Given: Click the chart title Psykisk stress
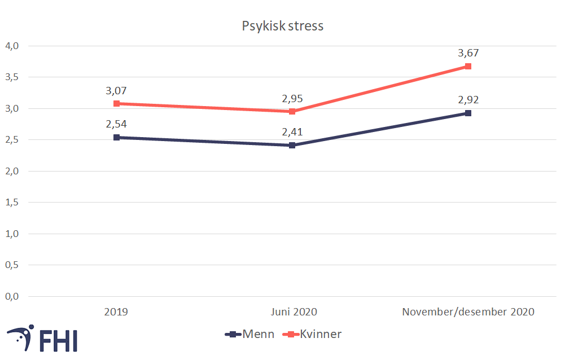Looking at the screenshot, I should click(282, 27).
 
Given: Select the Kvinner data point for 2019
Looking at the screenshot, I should click(116, 104).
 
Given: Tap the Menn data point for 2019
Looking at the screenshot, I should click(116, 137).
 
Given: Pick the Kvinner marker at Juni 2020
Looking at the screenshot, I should click(292, 111).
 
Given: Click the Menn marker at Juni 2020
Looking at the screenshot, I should click(292, 145).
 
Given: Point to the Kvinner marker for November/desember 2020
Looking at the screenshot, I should click(468, 67).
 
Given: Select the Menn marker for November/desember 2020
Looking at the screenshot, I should click(468, 113).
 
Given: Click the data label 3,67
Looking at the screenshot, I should click(468, 54).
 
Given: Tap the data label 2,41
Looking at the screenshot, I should click(292, 133).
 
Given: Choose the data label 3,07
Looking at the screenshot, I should click(116, 91).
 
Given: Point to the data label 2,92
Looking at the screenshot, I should click(468, 100).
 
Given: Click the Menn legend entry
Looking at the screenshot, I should click(249, 334).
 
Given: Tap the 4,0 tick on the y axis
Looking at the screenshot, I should click(12, 46).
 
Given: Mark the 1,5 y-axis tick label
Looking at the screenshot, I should click(12, 202).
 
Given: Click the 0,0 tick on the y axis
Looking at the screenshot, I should click(12, 296).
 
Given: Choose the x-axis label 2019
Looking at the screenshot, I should click(116, 311).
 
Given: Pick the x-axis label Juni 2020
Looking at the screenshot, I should click(292, 311).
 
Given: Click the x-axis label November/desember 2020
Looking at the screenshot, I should click(468, 311).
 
